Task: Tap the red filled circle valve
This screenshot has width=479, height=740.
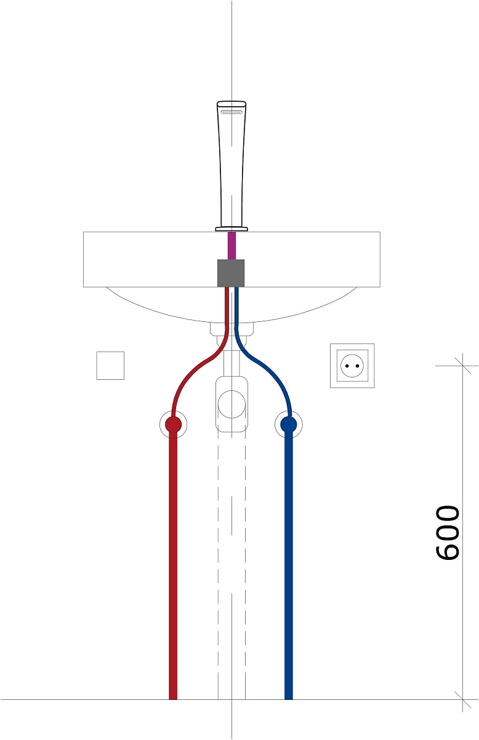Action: coord(173,424)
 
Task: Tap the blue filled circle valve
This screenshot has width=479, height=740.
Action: coord(289,424)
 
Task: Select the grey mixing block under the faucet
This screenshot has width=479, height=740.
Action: coord(231,273)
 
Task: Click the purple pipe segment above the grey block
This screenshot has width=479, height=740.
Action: coord(232,245)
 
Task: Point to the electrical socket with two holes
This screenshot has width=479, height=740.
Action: coord(352,366)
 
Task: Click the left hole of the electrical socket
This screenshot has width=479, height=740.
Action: coord(347,366)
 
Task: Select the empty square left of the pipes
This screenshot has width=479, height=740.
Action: coord(110,366)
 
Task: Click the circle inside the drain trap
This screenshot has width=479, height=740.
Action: coord(231,404)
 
